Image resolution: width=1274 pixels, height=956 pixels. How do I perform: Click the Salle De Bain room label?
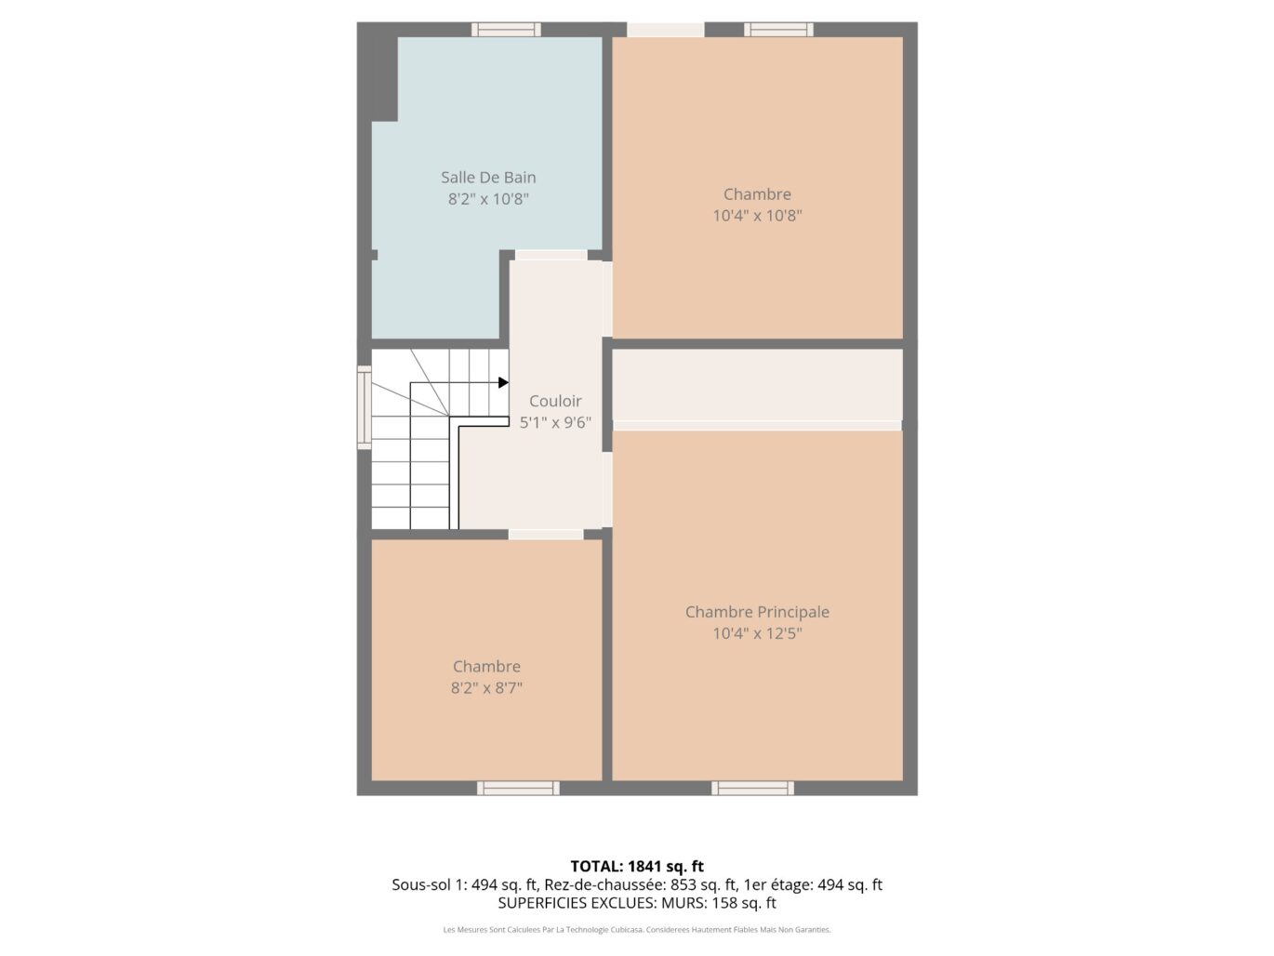pyautogui.click(x=488, y=177)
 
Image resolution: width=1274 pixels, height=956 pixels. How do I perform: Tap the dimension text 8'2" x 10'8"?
pyautogui.click(x=488, y=199)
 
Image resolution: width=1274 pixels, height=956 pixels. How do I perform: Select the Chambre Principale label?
pyautogui.click(x=757, y=612)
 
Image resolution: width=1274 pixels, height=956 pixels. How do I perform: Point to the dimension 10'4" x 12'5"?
pyautogui.click(x=757, y=634)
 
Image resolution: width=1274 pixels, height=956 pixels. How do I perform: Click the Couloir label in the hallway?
pyautogui.click(x=555, y=401)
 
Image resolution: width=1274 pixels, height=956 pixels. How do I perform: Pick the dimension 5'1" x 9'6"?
pyautogui.click(x=555, y=423)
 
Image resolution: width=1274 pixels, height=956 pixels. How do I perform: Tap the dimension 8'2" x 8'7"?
pyautogui.click(x=486, y=688)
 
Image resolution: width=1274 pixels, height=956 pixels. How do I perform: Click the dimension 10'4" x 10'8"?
pyautogui.click(x=757, y=216)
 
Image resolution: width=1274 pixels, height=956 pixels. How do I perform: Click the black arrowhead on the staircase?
pyautogui.click(x=503, y=382)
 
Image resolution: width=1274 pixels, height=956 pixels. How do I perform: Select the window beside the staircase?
pyautogui.click(x=365, y=407)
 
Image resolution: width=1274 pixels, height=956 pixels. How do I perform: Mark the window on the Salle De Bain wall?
pyautogui.click(x=506, y=30)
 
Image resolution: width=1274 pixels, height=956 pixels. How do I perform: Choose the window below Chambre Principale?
pyautogui.click(x=752, y=789)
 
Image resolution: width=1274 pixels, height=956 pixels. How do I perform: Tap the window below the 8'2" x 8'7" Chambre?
pyautogui.click(x=518, y=789)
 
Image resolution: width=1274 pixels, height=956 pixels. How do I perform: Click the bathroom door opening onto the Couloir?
pyautogui.click(x=551, y=255)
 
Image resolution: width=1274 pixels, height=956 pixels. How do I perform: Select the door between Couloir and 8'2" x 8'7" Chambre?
pyautogui.click(x=546, y=535)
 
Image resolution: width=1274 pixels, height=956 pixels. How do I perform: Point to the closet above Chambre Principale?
pyautogui.click(x=757, y=384)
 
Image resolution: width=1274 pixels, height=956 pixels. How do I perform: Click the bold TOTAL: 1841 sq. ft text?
pyautogui.click(x=637, y=867)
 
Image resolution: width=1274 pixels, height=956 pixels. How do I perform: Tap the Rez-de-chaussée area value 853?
pyautogui.click(x=684, y=885)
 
